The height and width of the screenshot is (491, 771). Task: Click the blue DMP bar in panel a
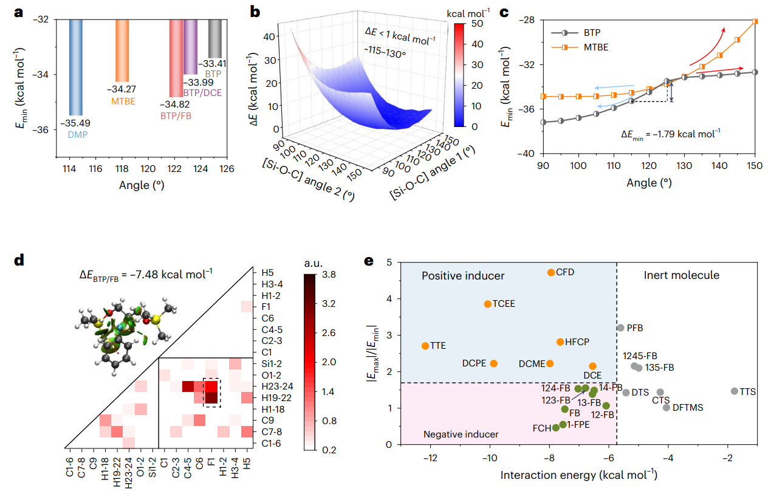tap(75, 67)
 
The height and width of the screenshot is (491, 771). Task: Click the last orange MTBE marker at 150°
tap(755, 22)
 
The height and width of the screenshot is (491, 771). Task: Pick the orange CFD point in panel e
tap(551, 272)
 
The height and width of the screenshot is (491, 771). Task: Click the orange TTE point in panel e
tap(425, 346)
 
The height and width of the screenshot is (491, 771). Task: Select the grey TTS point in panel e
tap(734, 391)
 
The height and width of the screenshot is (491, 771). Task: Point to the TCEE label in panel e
tap(504, 304)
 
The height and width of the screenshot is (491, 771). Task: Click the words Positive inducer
tap(464, 276)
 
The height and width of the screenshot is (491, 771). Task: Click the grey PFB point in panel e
tap(620, 328)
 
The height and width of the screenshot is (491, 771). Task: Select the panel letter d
tap(19, 261)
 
